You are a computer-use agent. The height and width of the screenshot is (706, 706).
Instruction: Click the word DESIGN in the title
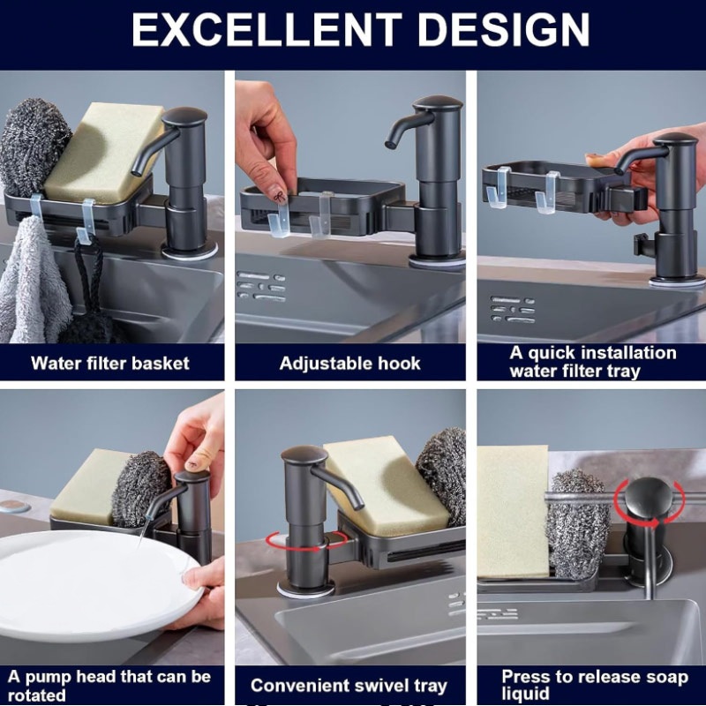(x=504, y=30)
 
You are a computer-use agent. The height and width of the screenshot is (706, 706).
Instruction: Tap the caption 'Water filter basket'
(x=110, y=364)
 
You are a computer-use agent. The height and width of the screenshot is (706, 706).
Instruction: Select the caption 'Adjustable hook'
(x=349, y=364)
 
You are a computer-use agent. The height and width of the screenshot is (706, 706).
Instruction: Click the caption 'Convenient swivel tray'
(x=349, y=686)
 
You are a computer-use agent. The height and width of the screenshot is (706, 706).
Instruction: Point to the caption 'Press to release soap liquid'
(x=595, y=685)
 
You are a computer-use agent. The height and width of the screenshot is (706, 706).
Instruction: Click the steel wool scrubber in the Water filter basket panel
(x=33, y=145)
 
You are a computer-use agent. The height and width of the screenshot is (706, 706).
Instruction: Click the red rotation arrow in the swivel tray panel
(x=306, y=541)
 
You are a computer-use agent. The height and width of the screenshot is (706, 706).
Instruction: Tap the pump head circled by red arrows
(x=648, y=494)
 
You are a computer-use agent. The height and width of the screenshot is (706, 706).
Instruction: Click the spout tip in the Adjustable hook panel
(x=389, y=145)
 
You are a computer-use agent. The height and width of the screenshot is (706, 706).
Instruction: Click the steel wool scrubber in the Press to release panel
(x=576, y=524)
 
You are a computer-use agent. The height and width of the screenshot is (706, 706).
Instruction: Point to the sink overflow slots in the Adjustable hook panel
(x=261, y=287)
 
